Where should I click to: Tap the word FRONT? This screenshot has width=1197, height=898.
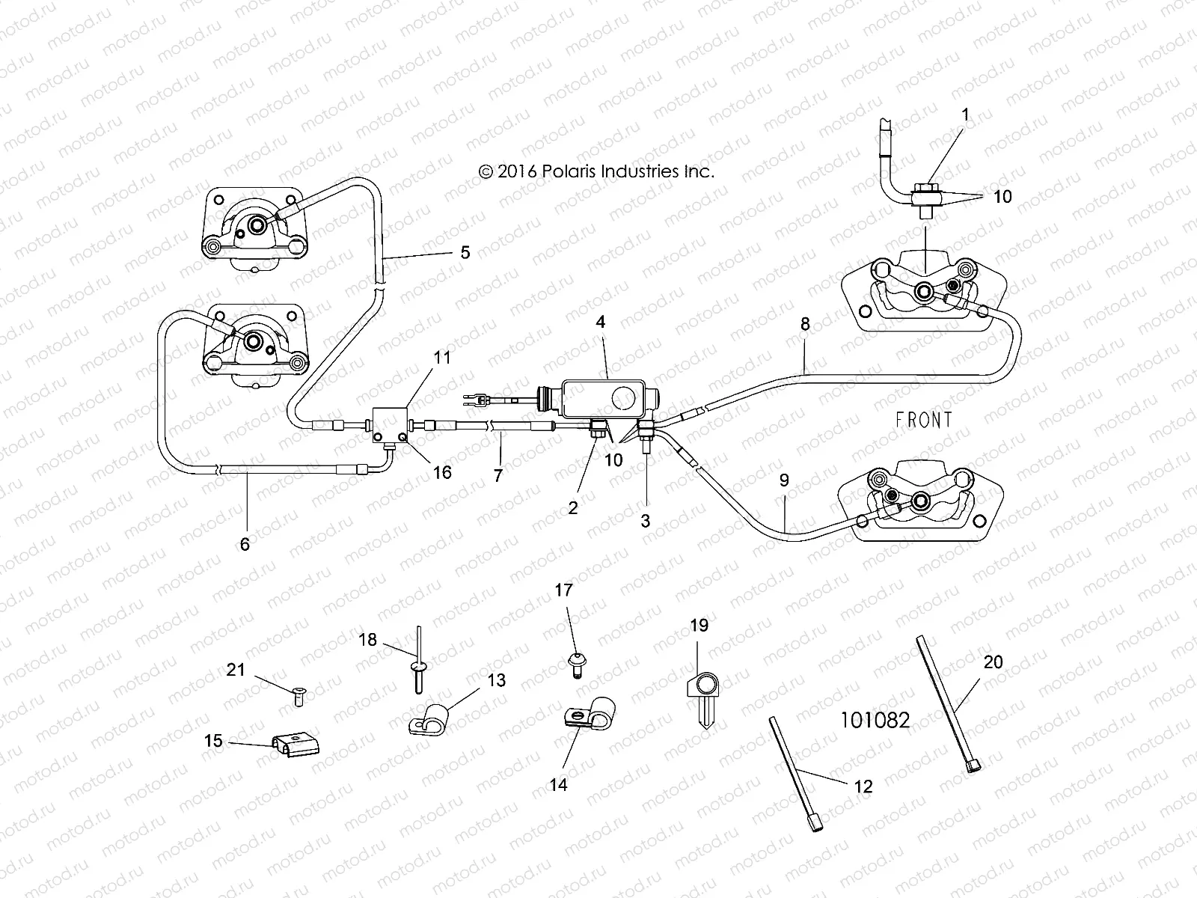(924, 420)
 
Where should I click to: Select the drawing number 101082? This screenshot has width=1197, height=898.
(875, 720)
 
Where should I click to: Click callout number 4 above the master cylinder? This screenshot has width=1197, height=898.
(600, 323)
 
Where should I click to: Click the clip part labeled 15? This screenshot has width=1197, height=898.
(295, 745)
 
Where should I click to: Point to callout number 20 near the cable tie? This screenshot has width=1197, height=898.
(993, 662)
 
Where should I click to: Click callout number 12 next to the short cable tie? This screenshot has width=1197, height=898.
(863, 786)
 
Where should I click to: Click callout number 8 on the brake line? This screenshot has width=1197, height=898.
(805, 324)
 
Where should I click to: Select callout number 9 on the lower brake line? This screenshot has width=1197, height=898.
(783, 480)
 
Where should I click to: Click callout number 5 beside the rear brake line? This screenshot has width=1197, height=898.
(465, 252)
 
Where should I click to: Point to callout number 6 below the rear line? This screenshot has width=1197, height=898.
(244, 545)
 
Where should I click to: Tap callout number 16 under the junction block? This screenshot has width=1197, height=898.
(442, 472)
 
